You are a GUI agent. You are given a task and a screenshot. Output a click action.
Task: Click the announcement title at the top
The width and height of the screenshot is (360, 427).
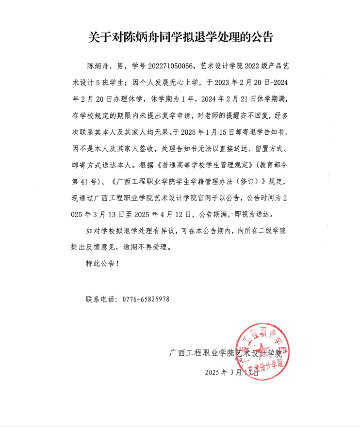180,37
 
